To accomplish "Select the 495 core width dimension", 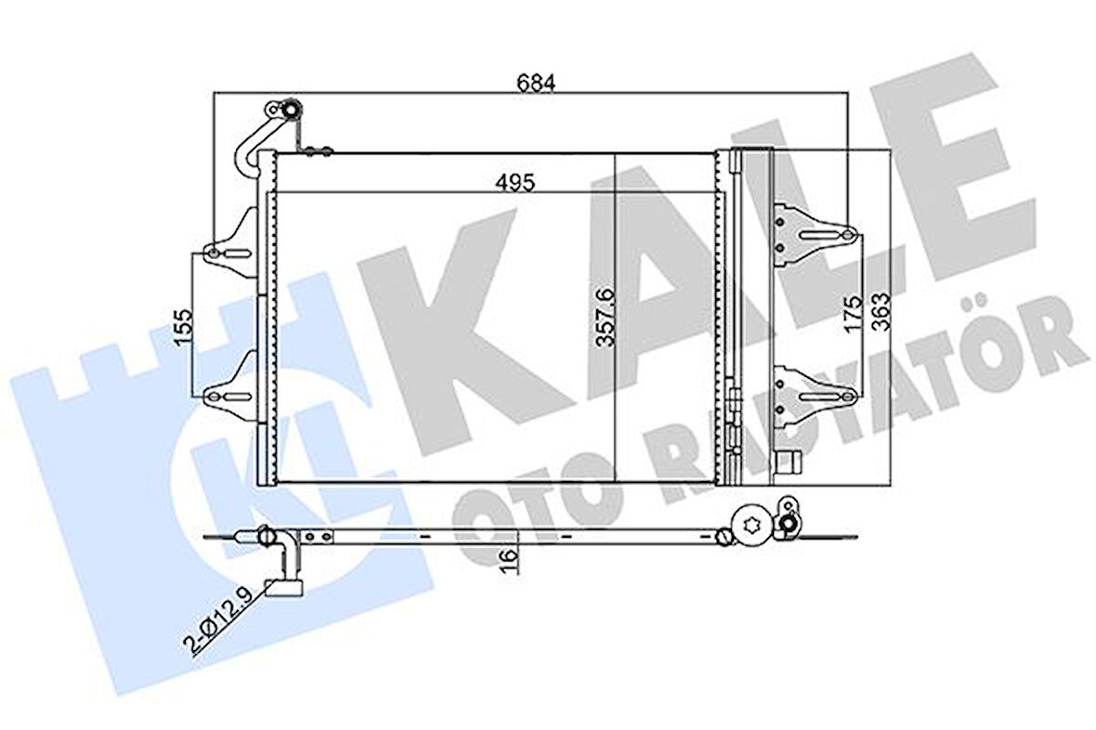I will (x=515, y=182).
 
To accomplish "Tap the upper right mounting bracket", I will (x=813, y=233).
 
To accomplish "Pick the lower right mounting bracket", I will (x=813, y=391).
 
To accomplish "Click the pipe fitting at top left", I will (x=288, y=111).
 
